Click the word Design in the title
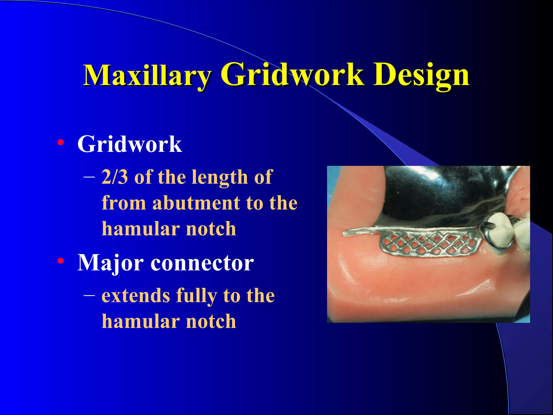coord(421,75)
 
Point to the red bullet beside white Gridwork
coord(61,142)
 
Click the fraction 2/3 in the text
coord(115,177)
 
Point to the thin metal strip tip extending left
coord(347,233)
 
